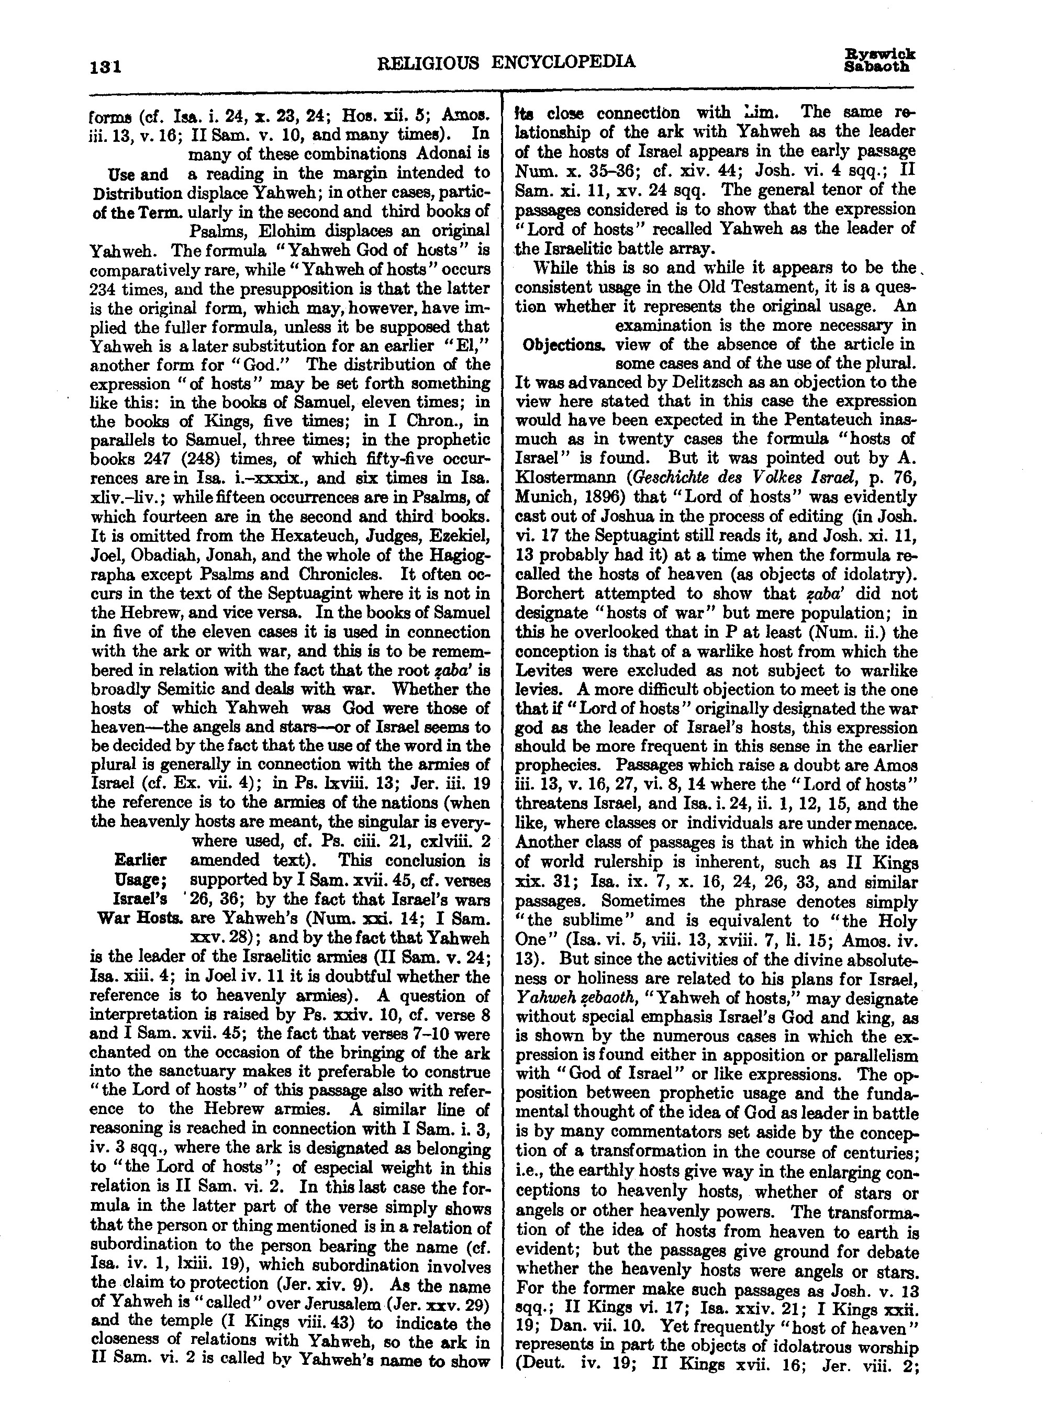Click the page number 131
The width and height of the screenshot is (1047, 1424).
click(x=106, y=66)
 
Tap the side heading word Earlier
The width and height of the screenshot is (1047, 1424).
click(x=141, y=860)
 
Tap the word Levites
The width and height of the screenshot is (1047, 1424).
click(x=550, y=671)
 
